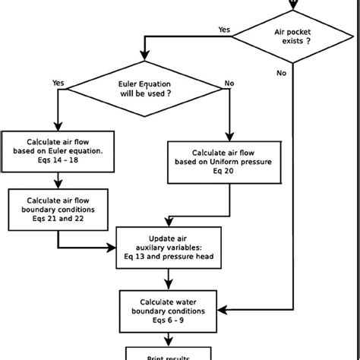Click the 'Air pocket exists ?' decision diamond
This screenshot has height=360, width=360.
(x=292, y=38)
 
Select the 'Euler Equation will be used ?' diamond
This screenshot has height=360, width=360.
(x=142, y=90)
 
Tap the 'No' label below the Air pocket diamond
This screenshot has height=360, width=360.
(x=282, y=74)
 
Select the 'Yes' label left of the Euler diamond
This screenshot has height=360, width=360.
(x=58, y=82)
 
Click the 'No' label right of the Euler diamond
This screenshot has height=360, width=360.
(x=229, y=82)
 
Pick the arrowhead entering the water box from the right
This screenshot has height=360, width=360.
(x=223, y=310)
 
